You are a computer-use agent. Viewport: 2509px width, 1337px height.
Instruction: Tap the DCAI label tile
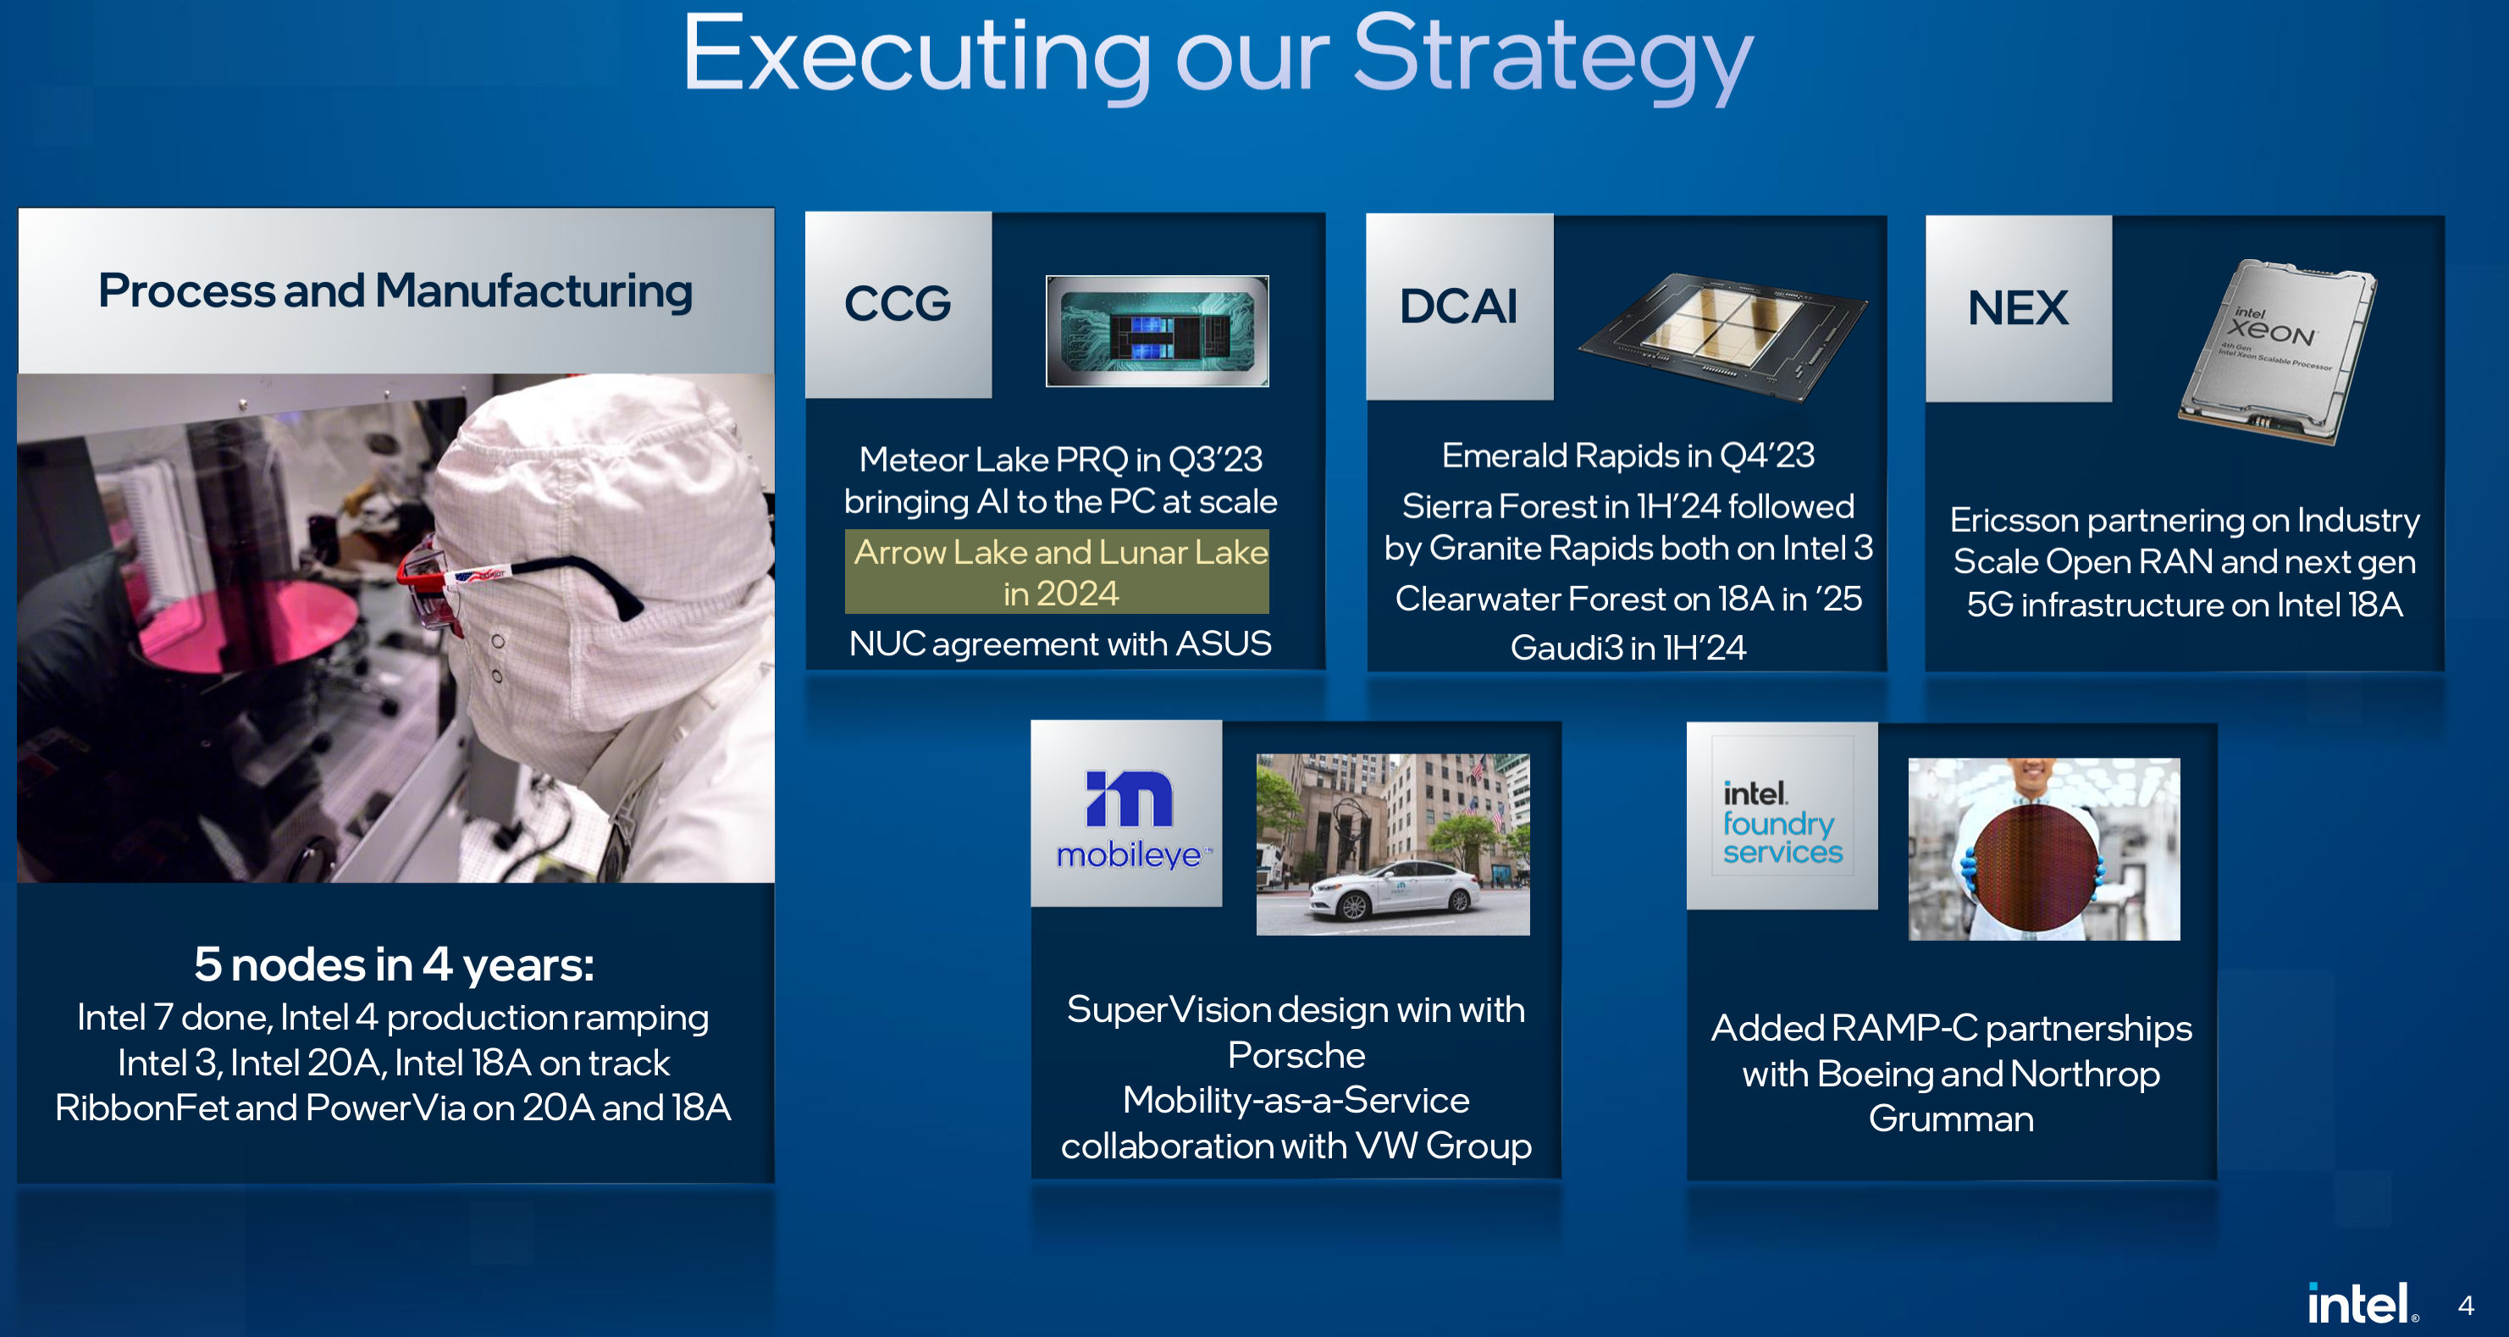click(x=1458, y=307)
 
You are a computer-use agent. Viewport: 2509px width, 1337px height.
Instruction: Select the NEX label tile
click(x=2017, y=309)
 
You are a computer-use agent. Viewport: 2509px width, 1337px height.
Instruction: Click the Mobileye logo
click(x=1128, y=815)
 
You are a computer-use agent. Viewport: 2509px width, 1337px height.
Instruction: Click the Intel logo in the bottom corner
click(x=2361, y=1304)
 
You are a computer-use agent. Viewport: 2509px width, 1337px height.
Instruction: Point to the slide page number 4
click(x=2465, y=1305)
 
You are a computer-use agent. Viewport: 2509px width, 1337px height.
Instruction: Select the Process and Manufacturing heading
click(x=395, y=291)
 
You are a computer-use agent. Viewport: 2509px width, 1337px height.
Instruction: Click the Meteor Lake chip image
click(x=1157, y=331)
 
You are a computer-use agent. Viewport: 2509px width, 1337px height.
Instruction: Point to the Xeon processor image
click(x=2276, y=351)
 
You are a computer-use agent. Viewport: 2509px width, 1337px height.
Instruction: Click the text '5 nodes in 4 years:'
click(x=394, y=964)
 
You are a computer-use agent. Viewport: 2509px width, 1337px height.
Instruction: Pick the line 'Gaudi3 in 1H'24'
click(x=1628, y=648)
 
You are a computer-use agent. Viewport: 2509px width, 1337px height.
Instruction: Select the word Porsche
click(x=1296, y=1054)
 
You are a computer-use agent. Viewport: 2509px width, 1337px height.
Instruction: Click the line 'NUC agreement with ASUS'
click(x=1059, y=644)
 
